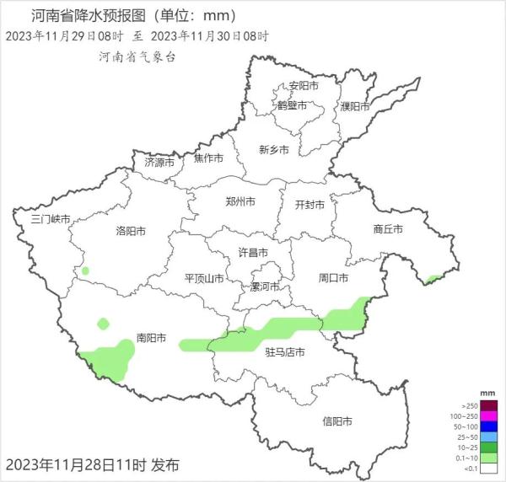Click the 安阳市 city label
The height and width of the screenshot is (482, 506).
[x=304, y=86]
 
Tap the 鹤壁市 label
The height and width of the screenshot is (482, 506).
[x=292, y=105]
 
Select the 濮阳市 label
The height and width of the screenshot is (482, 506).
[x=355, y=106]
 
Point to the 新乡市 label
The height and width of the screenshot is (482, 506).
[x=274, y=149]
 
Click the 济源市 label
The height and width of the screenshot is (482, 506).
[x=159, y=161]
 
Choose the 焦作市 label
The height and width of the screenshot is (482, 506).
[x=208, y=158]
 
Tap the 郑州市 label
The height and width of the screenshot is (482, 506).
[x=240, y=201]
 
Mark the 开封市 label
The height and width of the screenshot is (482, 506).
[x=308, y=204]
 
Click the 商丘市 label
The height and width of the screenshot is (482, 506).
[x=387, y=229]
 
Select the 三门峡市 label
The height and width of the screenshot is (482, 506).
[x=50, y=219]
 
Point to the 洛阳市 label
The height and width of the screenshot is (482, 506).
[x=131, y=231]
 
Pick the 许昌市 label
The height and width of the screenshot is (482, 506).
[x=253, y=253]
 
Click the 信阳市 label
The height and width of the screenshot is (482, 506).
[x=336, y=420]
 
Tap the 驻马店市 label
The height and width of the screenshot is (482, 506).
[x=284, y=351]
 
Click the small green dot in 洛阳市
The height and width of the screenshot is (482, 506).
[x=85, y=271]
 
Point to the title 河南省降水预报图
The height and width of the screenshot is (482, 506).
[x=93, y=15]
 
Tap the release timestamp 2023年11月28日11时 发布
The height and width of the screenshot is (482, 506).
[x=92, y=464]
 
